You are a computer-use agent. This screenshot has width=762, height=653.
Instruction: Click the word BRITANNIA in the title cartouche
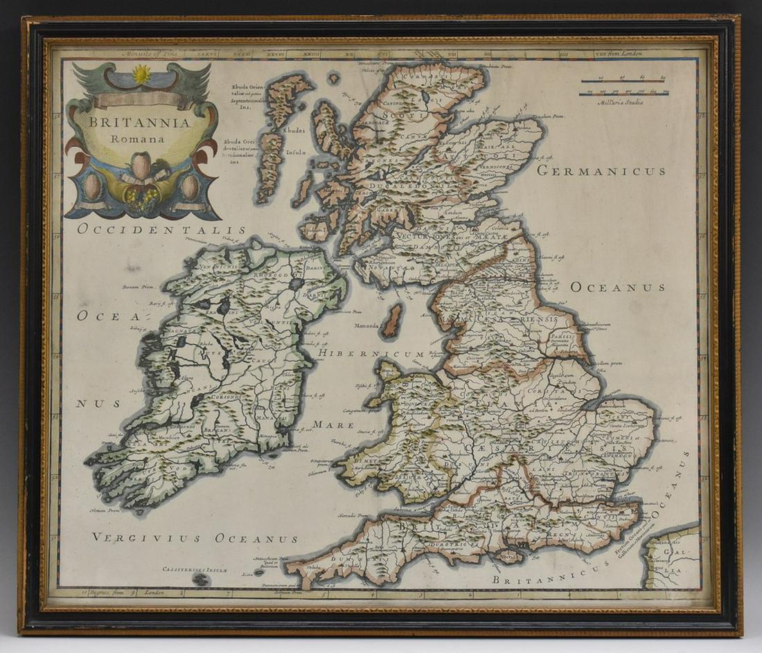(x=139, y=123)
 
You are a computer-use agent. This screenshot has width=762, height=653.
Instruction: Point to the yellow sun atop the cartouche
(x=142, y=74)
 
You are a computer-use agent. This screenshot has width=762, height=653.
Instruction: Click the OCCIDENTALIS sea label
(x=161, y=229)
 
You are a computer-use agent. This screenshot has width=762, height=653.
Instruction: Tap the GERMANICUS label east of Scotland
(x=601, y=171)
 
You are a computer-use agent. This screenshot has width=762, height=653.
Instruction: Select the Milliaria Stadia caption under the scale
(x=619, y=102)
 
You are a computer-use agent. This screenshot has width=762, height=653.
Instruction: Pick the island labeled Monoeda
(x=392, y=321)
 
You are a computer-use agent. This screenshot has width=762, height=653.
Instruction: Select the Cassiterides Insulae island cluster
(x=201, y=579)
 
